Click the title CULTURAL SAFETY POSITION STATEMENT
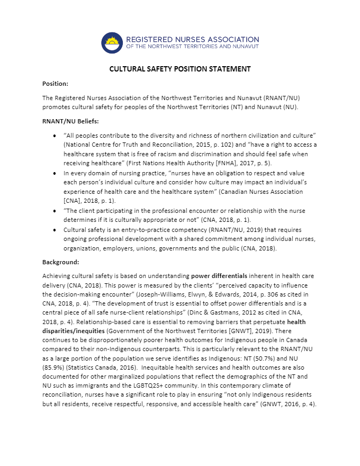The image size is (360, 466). (x=180, y=69)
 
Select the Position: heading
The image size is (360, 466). (x=55, y=84)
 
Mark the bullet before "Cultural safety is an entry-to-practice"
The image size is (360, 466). (x=56, y=230)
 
